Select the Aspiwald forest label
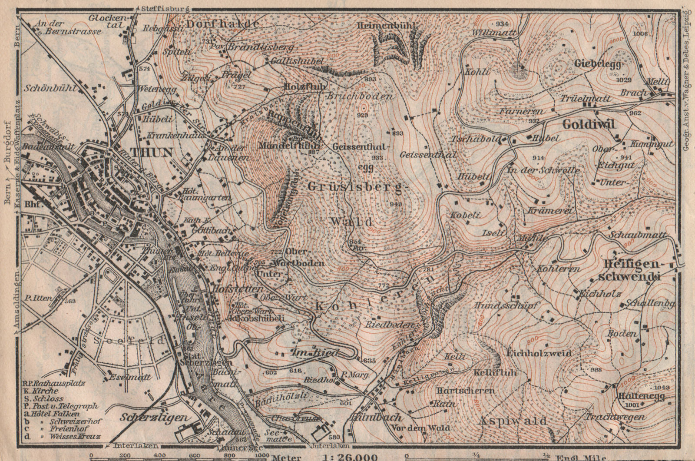point(513,420)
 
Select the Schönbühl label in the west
point(51,87)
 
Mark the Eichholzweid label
point(539,353)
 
